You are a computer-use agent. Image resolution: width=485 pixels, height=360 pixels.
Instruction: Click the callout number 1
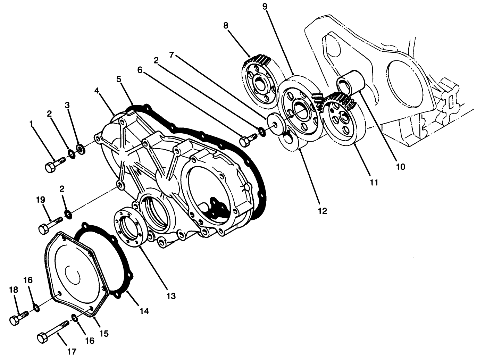[x=32, y=123]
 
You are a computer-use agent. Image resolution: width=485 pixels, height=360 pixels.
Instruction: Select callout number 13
[x=171, y=296]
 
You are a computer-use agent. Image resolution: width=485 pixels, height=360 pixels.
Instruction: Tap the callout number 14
[x=145, y=311]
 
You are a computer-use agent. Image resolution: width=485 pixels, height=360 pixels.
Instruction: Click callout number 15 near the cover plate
[x=104, y=333]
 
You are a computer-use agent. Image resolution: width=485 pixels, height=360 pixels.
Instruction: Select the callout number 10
[x=400, y=167]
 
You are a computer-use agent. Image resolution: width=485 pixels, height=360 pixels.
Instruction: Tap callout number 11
[x=374, y=182]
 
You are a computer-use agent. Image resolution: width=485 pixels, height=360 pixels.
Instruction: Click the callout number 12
[x=323, y=211]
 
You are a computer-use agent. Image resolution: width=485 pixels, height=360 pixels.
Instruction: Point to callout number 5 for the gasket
[x=119, y=79]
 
